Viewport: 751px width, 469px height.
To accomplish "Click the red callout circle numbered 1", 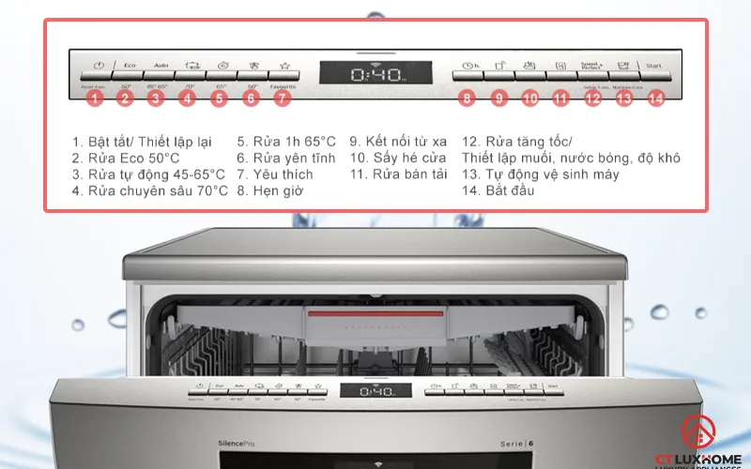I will click(x=94, y=97).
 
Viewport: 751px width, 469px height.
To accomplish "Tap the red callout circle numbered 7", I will click(x=283, y=97).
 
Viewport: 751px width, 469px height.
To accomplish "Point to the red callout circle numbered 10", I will click(x=530, y=97).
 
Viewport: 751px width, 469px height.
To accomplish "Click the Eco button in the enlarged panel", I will click(x=128, y=67).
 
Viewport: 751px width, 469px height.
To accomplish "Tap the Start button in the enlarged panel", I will click(x=655, y=67).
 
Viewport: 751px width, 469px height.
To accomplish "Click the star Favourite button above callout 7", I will click(x=284, y=67).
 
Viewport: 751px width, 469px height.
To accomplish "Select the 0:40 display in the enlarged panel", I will click(x=375, y=74).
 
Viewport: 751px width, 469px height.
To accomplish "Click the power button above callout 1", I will click(x=98, y=67).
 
